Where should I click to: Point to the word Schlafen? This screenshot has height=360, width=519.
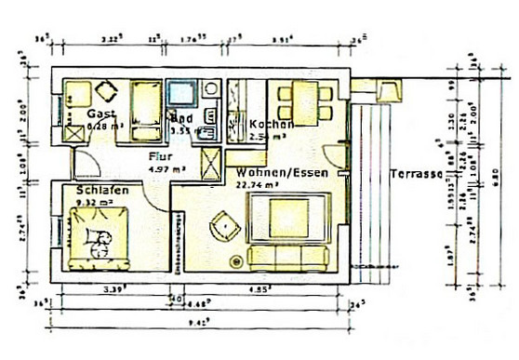(x=102, y=189)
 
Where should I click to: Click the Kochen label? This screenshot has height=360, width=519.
(x=273, y=124)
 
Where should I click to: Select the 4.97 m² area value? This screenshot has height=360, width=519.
(x=168, y=169)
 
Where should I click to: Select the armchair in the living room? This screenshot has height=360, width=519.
(x=225, y=224)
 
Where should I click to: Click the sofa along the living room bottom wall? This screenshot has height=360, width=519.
(x=289, y=256)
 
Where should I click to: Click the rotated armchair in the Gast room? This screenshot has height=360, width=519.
(x=103, y=91)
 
